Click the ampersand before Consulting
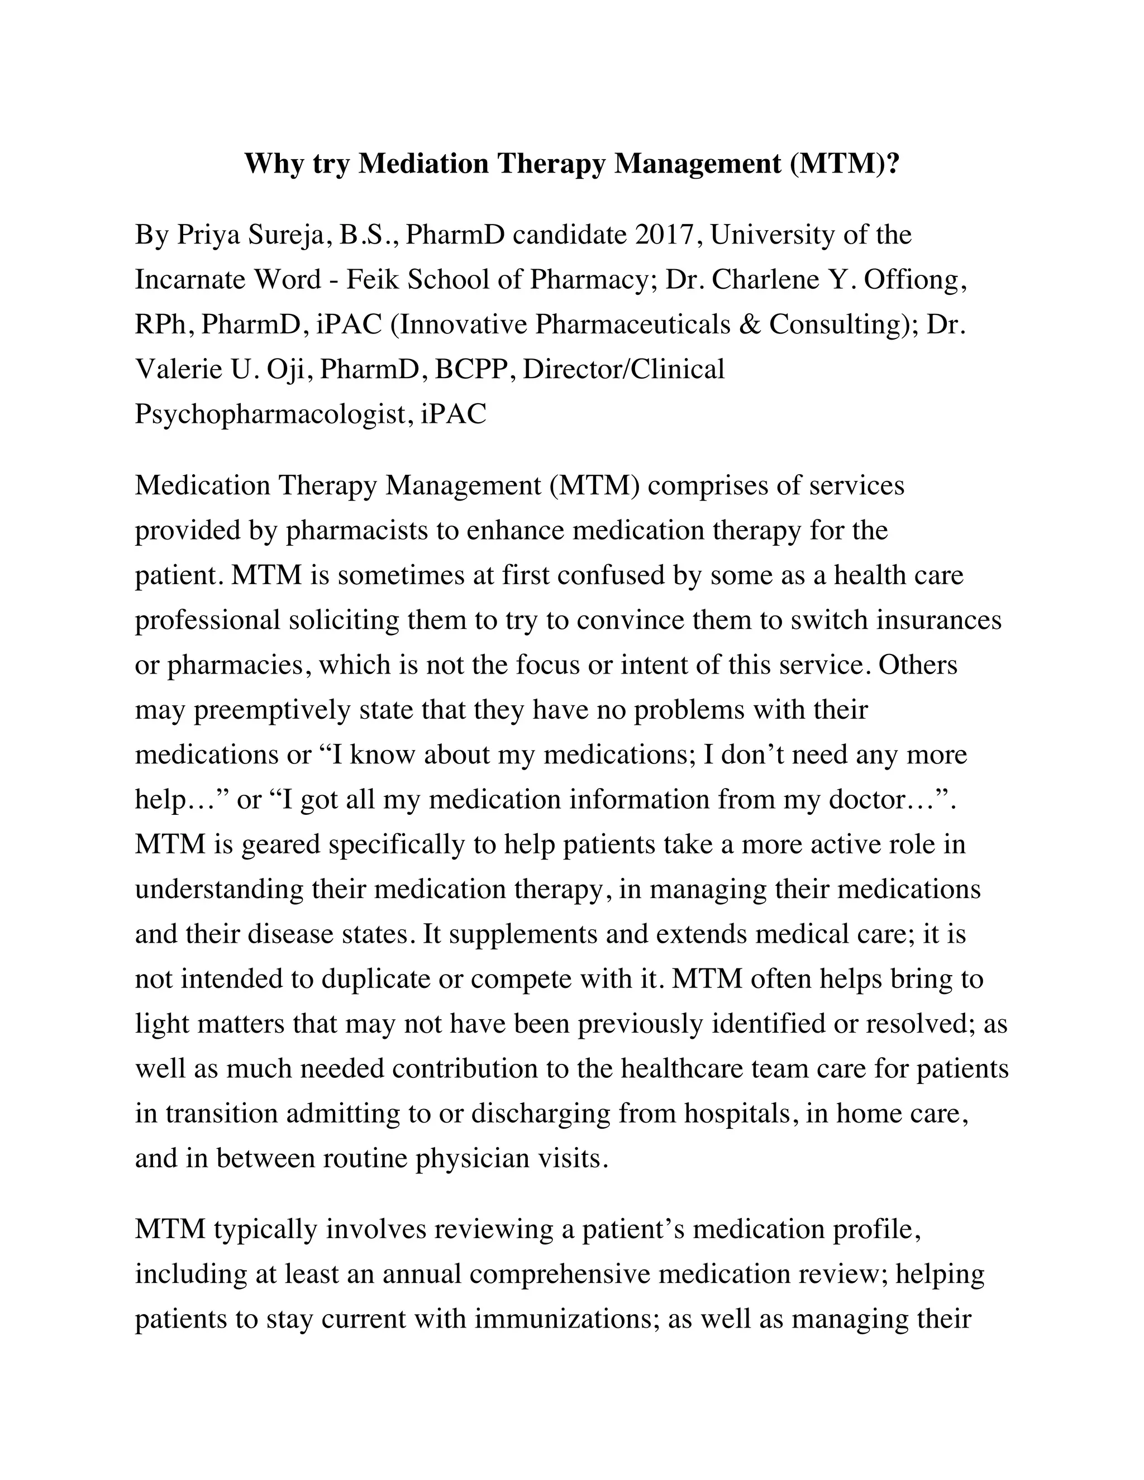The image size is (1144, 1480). click(749, 324)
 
